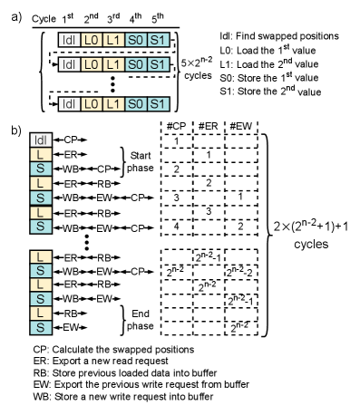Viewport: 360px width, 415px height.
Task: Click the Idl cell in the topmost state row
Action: (69, 40)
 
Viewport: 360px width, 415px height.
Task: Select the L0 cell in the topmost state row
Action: (91, 40)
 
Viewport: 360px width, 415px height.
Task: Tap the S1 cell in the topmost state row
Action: (159, 40)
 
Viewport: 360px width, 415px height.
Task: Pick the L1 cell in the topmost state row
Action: (113, 40)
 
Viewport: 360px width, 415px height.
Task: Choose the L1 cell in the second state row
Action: (113, 64)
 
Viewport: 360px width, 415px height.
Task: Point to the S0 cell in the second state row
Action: (136, 64)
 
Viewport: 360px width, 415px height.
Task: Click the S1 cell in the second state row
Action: (159, 64)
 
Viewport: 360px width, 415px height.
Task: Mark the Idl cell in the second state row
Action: (69, 64)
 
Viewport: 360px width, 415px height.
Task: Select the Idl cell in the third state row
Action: (69, 104)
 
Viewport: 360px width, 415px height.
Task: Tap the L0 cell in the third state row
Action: (91, 104)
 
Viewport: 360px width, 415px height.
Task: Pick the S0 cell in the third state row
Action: (136, 104)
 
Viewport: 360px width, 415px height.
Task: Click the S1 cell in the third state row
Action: (159, 104)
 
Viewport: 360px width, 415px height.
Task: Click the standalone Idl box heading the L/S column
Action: (41, 140)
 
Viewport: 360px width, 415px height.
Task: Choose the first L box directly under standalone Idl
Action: (41, 155)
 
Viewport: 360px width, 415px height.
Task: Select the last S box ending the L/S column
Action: (41, 327)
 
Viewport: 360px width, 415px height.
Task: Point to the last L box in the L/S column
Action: (41, 313)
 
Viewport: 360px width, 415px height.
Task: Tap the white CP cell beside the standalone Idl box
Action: (71, 140)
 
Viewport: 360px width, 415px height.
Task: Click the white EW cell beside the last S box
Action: (71, 327)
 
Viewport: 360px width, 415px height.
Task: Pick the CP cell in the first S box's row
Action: (104, 169)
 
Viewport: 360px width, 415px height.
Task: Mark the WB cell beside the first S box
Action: (71, 169)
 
